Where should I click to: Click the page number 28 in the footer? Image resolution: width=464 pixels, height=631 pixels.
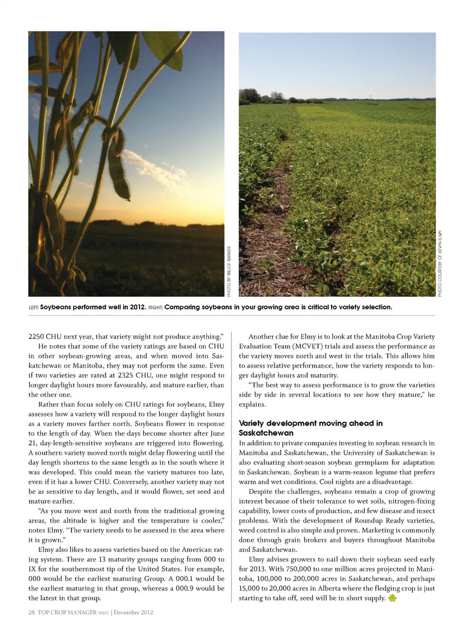tap(31, 612)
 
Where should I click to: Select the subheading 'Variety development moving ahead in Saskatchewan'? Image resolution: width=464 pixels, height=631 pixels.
tap(310, 428)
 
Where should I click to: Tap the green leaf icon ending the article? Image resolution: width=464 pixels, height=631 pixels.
tap(392, 598)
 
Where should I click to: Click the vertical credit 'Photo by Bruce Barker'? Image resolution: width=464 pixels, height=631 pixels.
tap(229, 271)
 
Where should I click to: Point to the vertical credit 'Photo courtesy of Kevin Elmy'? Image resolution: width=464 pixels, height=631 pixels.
tap(439, 263)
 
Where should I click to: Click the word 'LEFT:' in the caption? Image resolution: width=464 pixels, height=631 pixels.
tap(33, 307)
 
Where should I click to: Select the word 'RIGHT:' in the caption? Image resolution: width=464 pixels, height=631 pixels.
tap(155, 307)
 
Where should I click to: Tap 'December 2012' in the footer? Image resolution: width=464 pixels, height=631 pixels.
tap(133, 612)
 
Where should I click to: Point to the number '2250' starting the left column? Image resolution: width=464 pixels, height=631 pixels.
tap(36, 337)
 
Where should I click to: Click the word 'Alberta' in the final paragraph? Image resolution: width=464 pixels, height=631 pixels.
tap(321, 588)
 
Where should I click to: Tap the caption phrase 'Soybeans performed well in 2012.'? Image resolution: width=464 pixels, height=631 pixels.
tap(93, 307)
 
